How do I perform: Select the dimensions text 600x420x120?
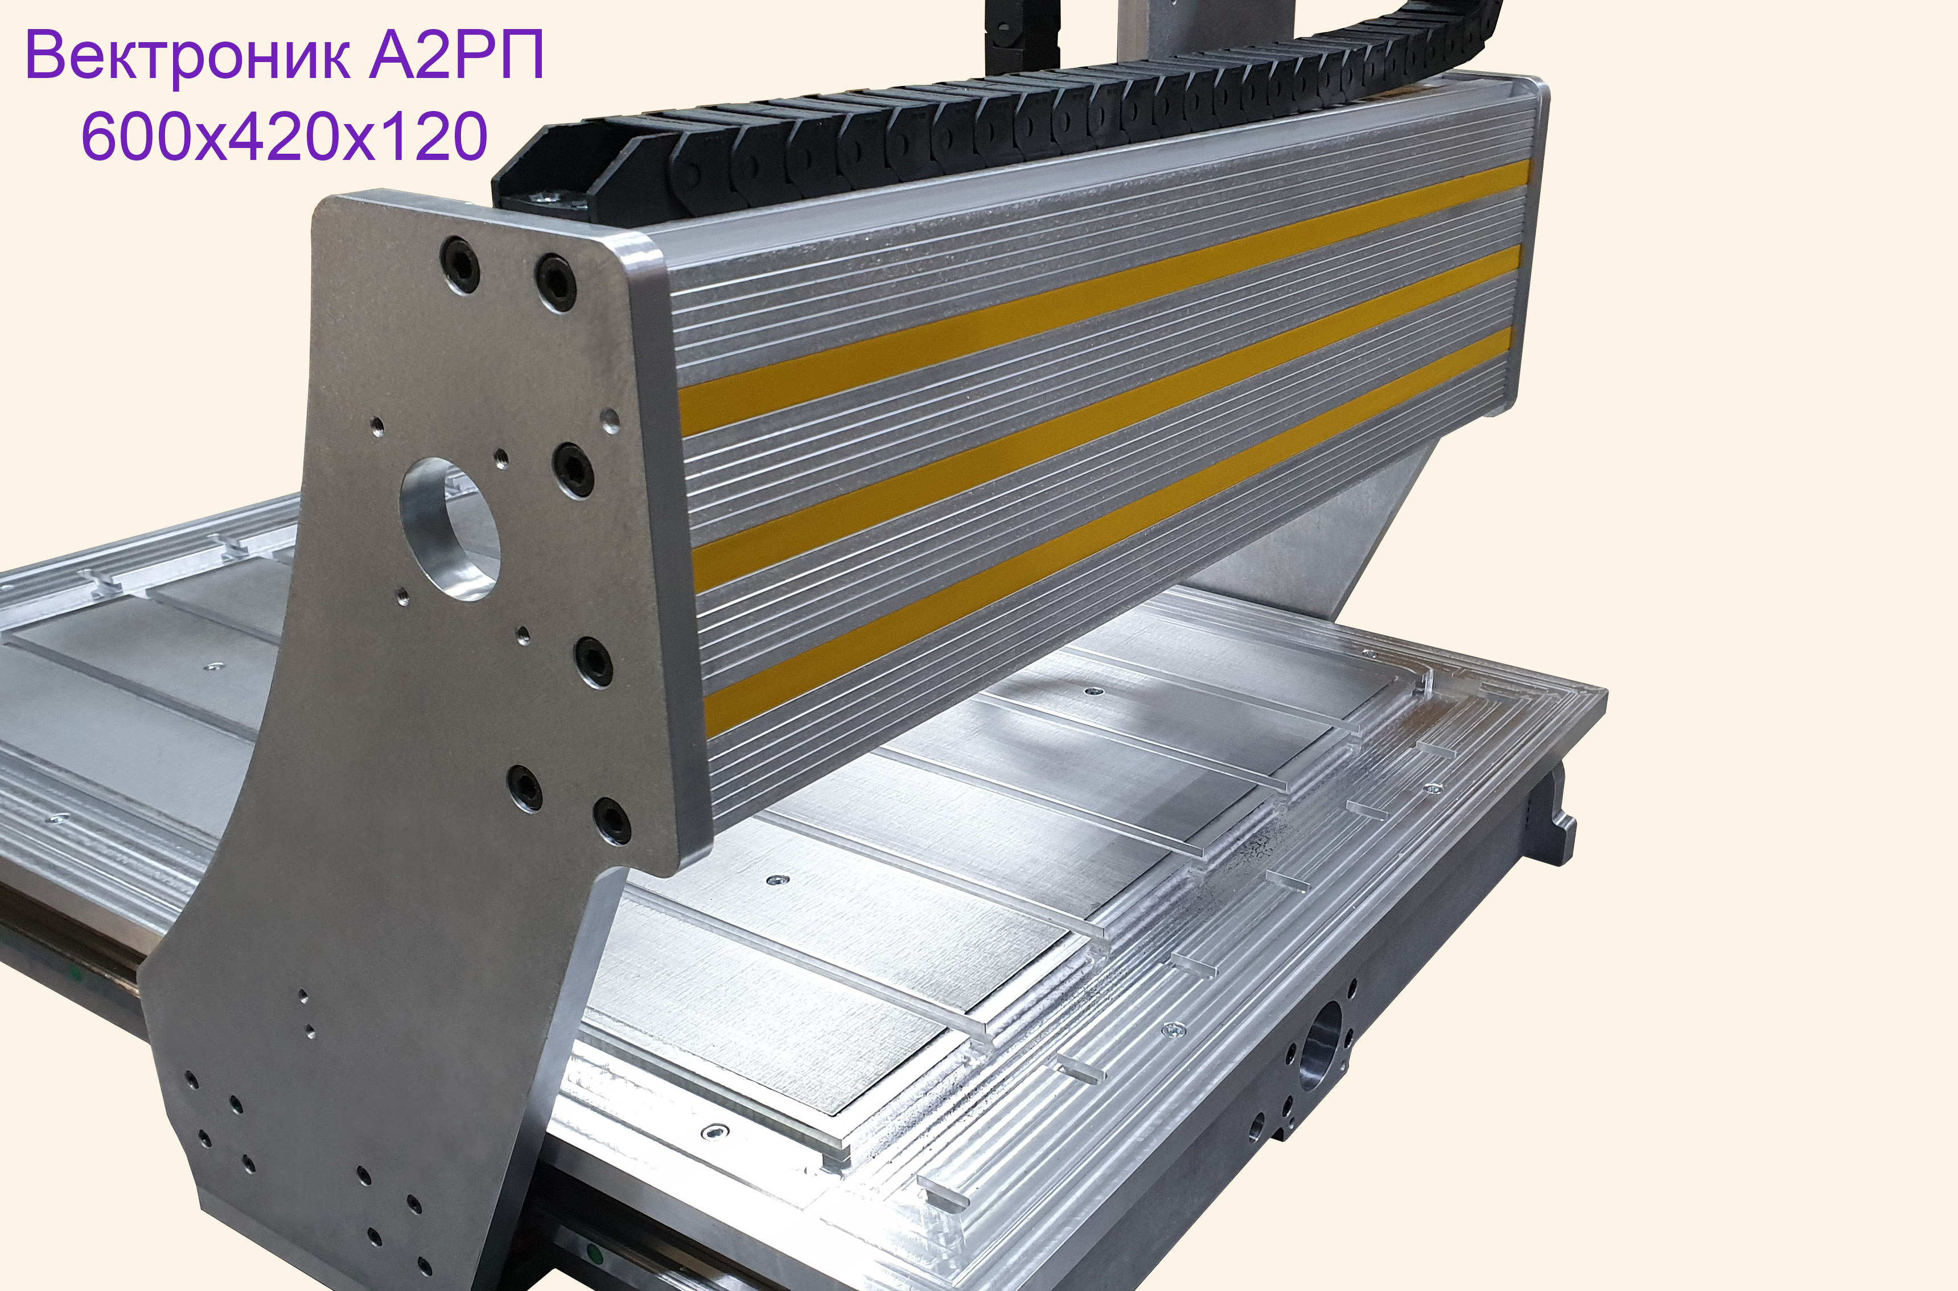click(285, 136)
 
